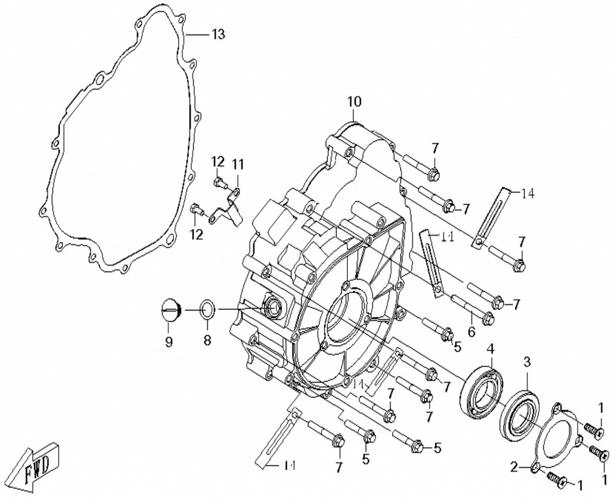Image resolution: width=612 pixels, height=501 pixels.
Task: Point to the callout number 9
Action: point(169,342)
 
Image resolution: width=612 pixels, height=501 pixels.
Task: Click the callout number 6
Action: point(472,332)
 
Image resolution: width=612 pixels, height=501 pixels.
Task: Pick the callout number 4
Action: point(490,349)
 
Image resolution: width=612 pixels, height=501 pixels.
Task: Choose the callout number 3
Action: point(527,362)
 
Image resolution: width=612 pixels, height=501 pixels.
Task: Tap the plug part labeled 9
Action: point(169,312)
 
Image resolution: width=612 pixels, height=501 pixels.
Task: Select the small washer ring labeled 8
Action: point(207,311)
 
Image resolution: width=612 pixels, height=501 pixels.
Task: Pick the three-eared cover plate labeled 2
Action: point(555,436)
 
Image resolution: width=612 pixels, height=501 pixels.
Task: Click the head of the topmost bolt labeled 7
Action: point(434,174)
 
